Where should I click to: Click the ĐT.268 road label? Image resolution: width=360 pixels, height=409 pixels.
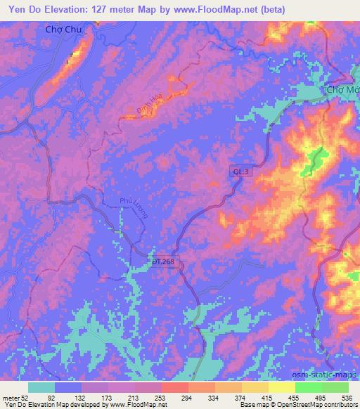[162, 261]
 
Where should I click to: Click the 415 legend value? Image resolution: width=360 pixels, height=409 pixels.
[265, 396]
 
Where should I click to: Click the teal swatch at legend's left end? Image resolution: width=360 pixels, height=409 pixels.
[41, 387]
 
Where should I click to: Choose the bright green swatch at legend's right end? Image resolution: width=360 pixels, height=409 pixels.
[335, 387]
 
